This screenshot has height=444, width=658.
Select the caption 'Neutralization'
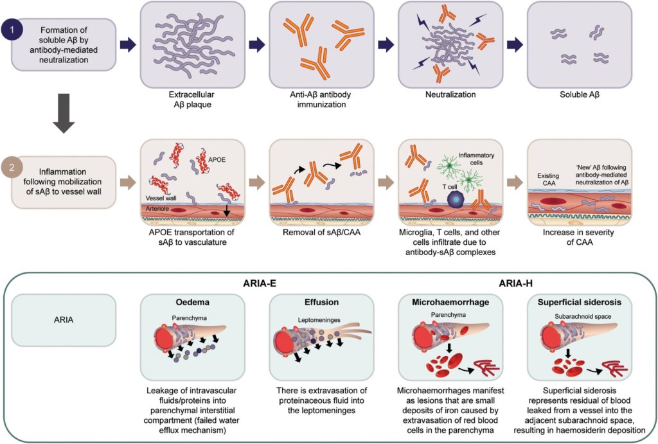click(x=450, y=94)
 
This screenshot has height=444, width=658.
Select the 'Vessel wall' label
click(x=161, y=199)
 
